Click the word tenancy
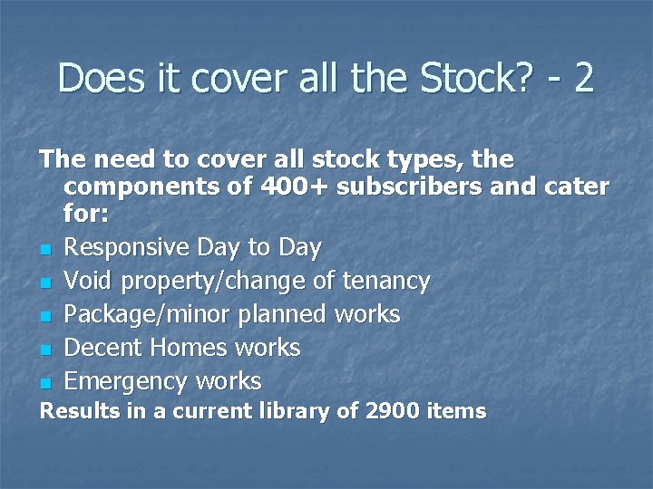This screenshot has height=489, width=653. pos(385,281)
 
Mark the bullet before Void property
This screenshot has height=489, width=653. pos(44,283)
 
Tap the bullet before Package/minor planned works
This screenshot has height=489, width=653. pos(44,316)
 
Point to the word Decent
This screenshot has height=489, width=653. pos(104,348)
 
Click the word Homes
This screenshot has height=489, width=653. pos(191,348)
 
